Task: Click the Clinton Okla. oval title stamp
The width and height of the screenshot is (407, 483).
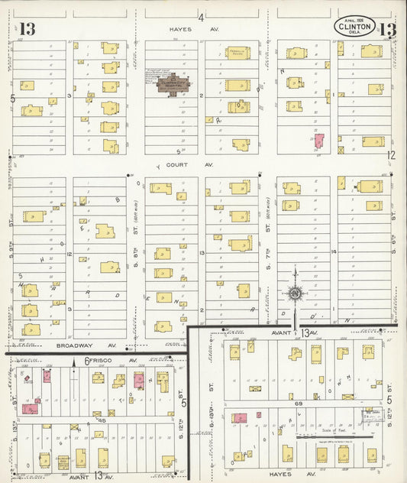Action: pos(356,27)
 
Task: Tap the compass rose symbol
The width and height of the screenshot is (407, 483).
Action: pos(294,293)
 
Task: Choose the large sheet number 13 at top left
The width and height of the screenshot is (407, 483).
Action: pos(28,30)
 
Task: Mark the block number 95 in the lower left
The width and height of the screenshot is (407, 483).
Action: pos(99,420)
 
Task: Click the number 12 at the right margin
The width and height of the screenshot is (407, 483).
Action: pos(391,155)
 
